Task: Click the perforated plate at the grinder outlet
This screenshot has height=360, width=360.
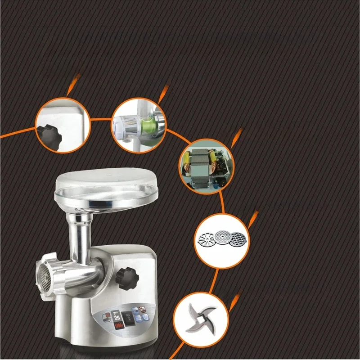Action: coord(44,275)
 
